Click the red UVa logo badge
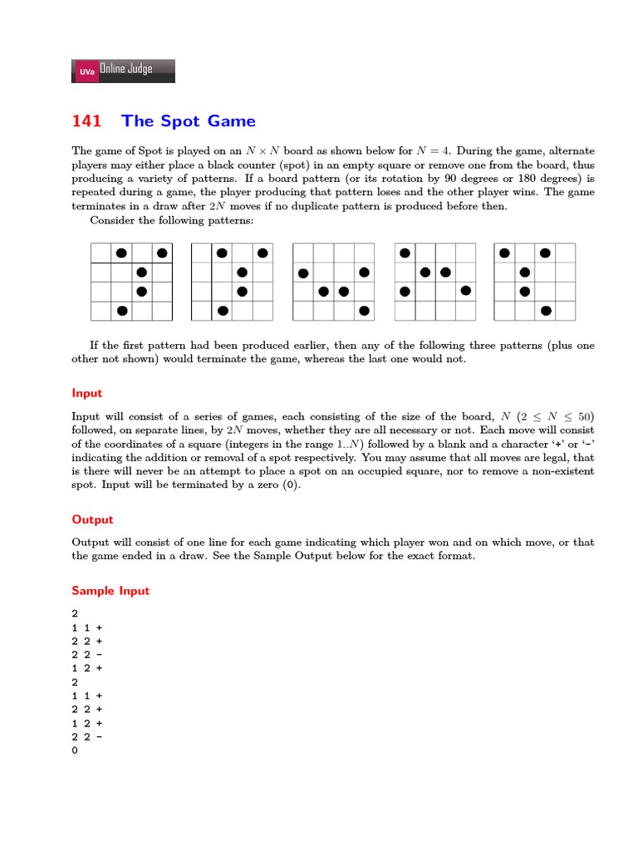coord(86,72)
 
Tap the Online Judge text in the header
coord(126,69)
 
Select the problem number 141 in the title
coord(86,121)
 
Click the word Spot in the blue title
coord(180,121)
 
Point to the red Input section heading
coord(86,393)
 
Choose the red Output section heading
coord(91,519)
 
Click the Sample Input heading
coord(110,591)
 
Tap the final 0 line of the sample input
coord(75,750)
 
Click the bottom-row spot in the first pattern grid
coord(122,311)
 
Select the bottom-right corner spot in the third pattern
coord(364,311)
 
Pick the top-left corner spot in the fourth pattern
coord(405,253)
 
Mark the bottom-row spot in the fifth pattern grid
coord(545,311)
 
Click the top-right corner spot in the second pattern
coord(263,253)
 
